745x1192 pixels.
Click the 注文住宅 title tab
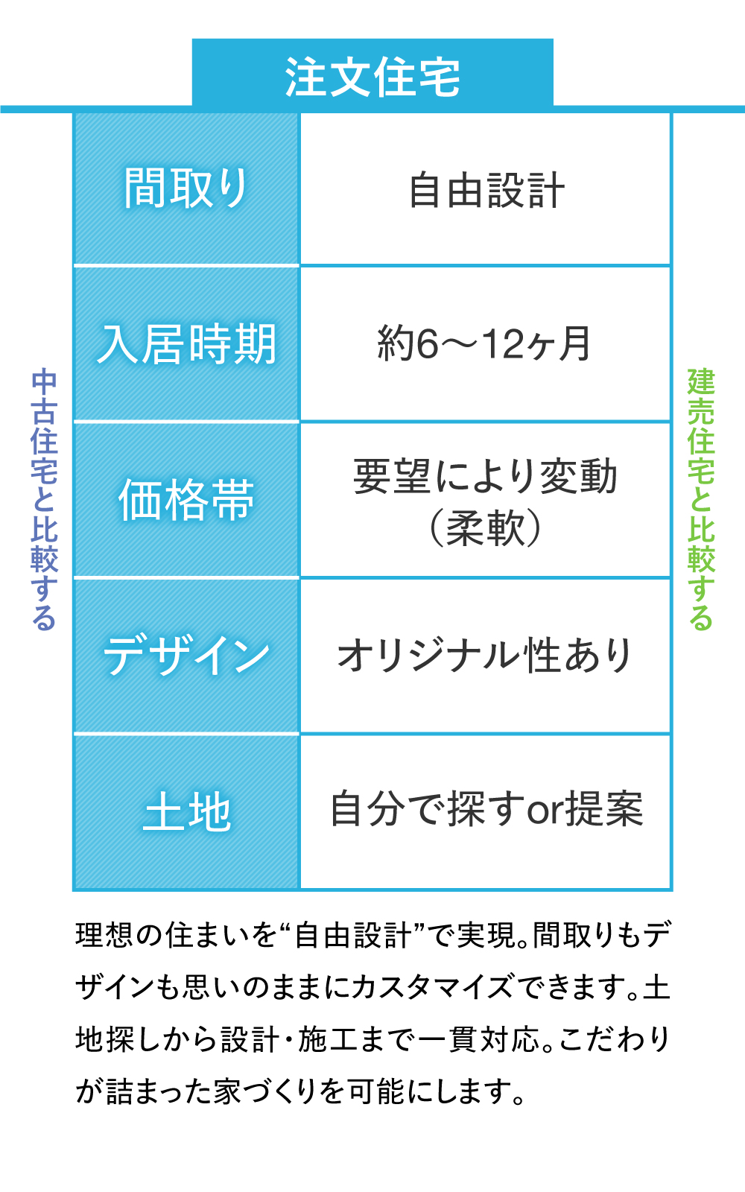tap(372, 77)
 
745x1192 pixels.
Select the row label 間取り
tap(186, 188)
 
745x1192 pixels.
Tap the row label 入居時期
tap(186, 344)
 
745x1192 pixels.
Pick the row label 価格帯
tap(186, 500)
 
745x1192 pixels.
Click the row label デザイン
tap(186, 656)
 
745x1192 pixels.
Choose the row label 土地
tap(186, 811)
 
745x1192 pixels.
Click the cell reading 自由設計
tap(486, 190)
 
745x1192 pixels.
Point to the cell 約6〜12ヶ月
tap(484, 344)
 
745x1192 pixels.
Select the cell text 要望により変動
tap(486, 476)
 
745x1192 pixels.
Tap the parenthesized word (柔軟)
tap(486, 527)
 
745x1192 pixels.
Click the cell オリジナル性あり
tap(485, 656)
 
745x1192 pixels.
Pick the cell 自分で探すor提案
tap(486, 809)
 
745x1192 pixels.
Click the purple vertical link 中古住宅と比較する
tap(44, 499)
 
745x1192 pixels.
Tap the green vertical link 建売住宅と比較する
tap(700, 499)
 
